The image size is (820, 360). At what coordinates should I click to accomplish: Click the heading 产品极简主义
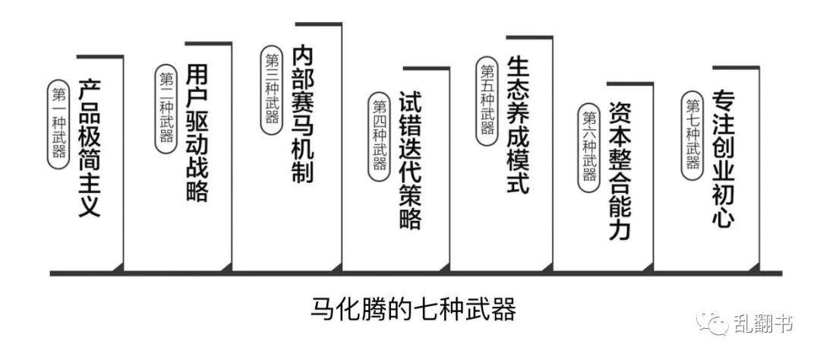(x=89, y=149)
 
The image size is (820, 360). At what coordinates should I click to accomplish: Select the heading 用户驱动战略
(x=197, y=134)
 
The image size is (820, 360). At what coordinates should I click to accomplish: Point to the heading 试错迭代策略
(x=410, y=160)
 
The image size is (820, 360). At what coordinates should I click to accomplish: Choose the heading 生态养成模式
(x=518, y=125)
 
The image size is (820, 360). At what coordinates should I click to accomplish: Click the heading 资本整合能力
(x=620, y=171)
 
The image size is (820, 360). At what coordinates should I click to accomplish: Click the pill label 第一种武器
(x=58, y=124)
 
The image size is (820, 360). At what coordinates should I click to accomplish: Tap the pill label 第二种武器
(x=166, y=109)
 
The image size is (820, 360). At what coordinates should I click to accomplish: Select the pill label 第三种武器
(x=271, y=90)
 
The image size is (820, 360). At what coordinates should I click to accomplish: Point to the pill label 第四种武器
(x=379, y=137)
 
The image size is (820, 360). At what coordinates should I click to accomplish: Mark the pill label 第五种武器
(x=487, y=101)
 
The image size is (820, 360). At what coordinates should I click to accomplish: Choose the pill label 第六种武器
(x=589, y=147)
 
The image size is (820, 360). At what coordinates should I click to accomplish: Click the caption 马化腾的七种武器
(x=413, y=308)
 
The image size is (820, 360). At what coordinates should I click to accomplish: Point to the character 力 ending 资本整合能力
(x=620, y=229)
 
